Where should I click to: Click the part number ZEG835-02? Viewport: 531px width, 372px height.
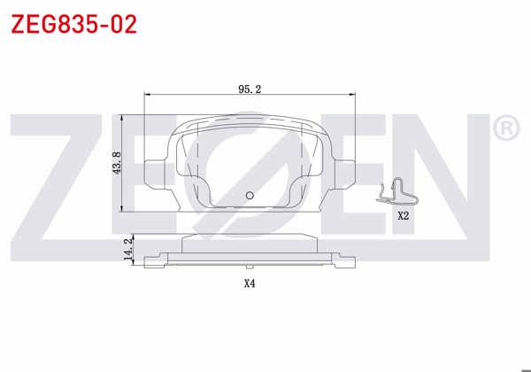click(73, 24)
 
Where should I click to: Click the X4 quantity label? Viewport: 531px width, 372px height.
click(250, 283)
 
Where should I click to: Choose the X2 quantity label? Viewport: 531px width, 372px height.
click(403, 215)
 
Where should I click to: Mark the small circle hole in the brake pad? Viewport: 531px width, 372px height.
click(250, 196)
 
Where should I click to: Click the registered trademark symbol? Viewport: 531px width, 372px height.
click(504, 130)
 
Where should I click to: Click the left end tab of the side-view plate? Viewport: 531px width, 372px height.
click(156, 260)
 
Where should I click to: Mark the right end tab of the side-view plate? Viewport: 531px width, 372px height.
click(342, 260)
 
